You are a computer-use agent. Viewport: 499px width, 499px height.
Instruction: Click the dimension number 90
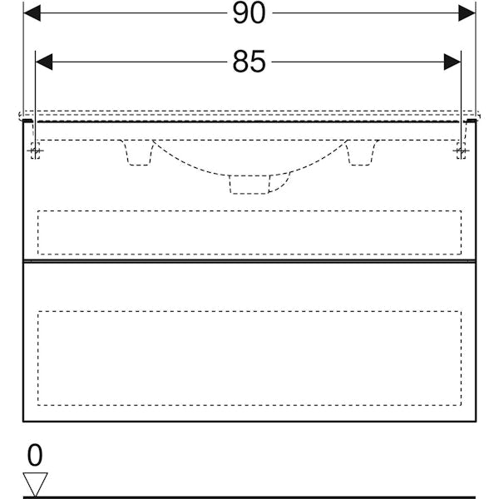249,13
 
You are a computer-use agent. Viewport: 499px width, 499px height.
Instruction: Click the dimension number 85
249,62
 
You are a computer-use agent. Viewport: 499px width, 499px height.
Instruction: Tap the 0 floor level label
35,455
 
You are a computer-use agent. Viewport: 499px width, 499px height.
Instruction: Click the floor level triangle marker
35,484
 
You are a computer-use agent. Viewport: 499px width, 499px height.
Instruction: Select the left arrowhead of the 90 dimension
32,13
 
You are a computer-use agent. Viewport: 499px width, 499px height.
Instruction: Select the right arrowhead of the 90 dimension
467,13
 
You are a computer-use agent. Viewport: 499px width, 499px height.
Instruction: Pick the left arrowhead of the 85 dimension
44,62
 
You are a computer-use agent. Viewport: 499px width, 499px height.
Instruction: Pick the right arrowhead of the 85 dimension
452,62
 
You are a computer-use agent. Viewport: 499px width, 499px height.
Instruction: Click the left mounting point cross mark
35,151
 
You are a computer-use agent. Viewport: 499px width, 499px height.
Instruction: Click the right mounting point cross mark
461,151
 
